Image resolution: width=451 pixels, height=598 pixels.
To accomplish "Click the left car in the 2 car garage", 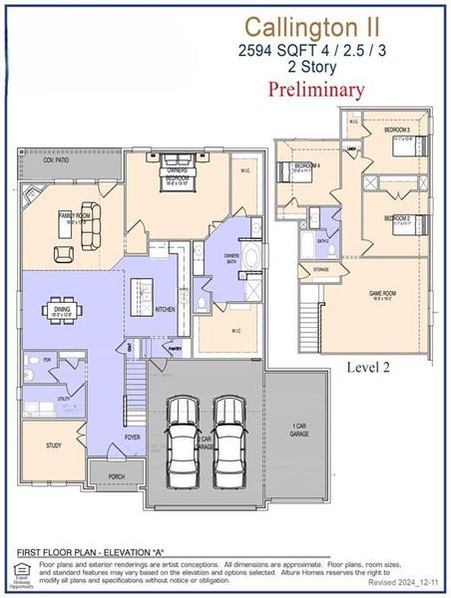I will click(x=183, y=442).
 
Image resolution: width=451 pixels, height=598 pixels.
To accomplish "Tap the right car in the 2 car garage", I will click(x=229, y=442).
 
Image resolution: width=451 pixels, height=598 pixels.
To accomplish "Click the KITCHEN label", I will click(x=166, y=310).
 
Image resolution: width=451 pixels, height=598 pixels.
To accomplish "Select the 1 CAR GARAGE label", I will click(x=298, y=431).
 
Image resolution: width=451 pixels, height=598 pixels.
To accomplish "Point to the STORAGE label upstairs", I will click(x=320, y=269).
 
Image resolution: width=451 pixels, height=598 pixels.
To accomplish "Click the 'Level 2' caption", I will click(x=368, y=368).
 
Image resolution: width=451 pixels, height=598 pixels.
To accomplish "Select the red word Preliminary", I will click(x=316, y=89).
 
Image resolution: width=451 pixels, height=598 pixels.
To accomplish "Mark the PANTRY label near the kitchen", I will click(x=175, y=349).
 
